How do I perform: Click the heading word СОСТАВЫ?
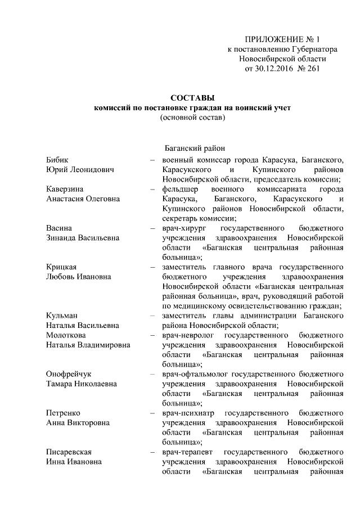(192, 97)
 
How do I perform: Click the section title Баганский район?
(194, 148)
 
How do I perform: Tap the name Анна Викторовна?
(78, 422)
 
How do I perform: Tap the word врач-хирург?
(182, 228)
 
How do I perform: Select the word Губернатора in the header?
(304, 49)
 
